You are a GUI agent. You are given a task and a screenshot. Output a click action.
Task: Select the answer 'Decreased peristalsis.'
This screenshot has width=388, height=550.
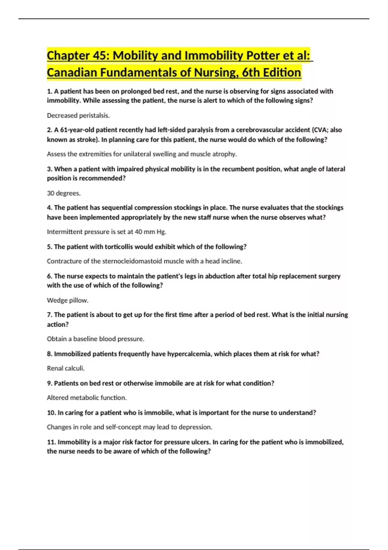coord(78,115)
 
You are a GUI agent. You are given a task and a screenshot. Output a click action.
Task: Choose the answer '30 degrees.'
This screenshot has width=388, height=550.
coord(64,193)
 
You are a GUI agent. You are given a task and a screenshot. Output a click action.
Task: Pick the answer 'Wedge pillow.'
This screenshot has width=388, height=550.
coord(68,301)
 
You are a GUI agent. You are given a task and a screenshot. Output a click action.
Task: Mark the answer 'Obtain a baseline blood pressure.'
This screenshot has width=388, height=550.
coord(95,339)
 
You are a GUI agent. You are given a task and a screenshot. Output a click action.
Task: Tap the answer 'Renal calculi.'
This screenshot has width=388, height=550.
coord(66,368)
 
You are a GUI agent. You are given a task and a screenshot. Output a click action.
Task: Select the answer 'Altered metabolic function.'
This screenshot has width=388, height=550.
coord(87,398)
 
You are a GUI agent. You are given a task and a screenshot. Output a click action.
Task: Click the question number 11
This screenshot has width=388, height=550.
coord(51,442)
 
